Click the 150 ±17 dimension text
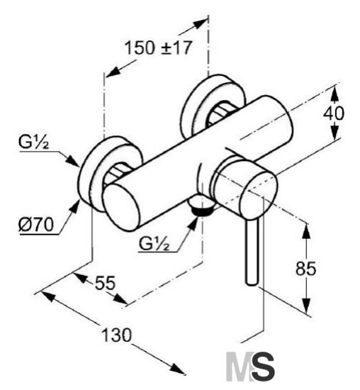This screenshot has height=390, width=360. pos(158,48)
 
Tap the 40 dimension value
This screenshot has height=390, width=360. pos(334,113)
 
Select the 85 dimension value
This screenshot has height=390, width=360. pos(306,268)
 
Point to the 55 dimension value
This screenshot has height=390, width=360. pos(106,283)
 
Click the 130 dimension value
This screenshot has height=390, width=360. pos(117,335)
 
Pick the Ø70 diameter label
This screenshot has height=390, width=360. pos(36,224)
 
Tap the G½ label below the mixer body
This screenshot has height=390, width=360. pos(154,243)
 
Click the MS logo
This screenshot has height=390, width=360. pos(250,367)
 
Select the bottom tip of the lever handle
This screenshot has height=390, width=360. pos(252,284)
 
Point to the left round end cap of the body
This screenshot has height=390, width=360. pos(121,207)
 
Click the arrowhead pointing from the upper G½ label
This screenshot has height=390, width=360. pos(72,160)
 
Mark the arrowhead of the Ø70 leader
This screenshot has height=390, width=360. pos(73,208)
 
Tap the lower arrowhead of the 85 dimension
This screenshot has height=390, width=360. pos(308,306)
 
